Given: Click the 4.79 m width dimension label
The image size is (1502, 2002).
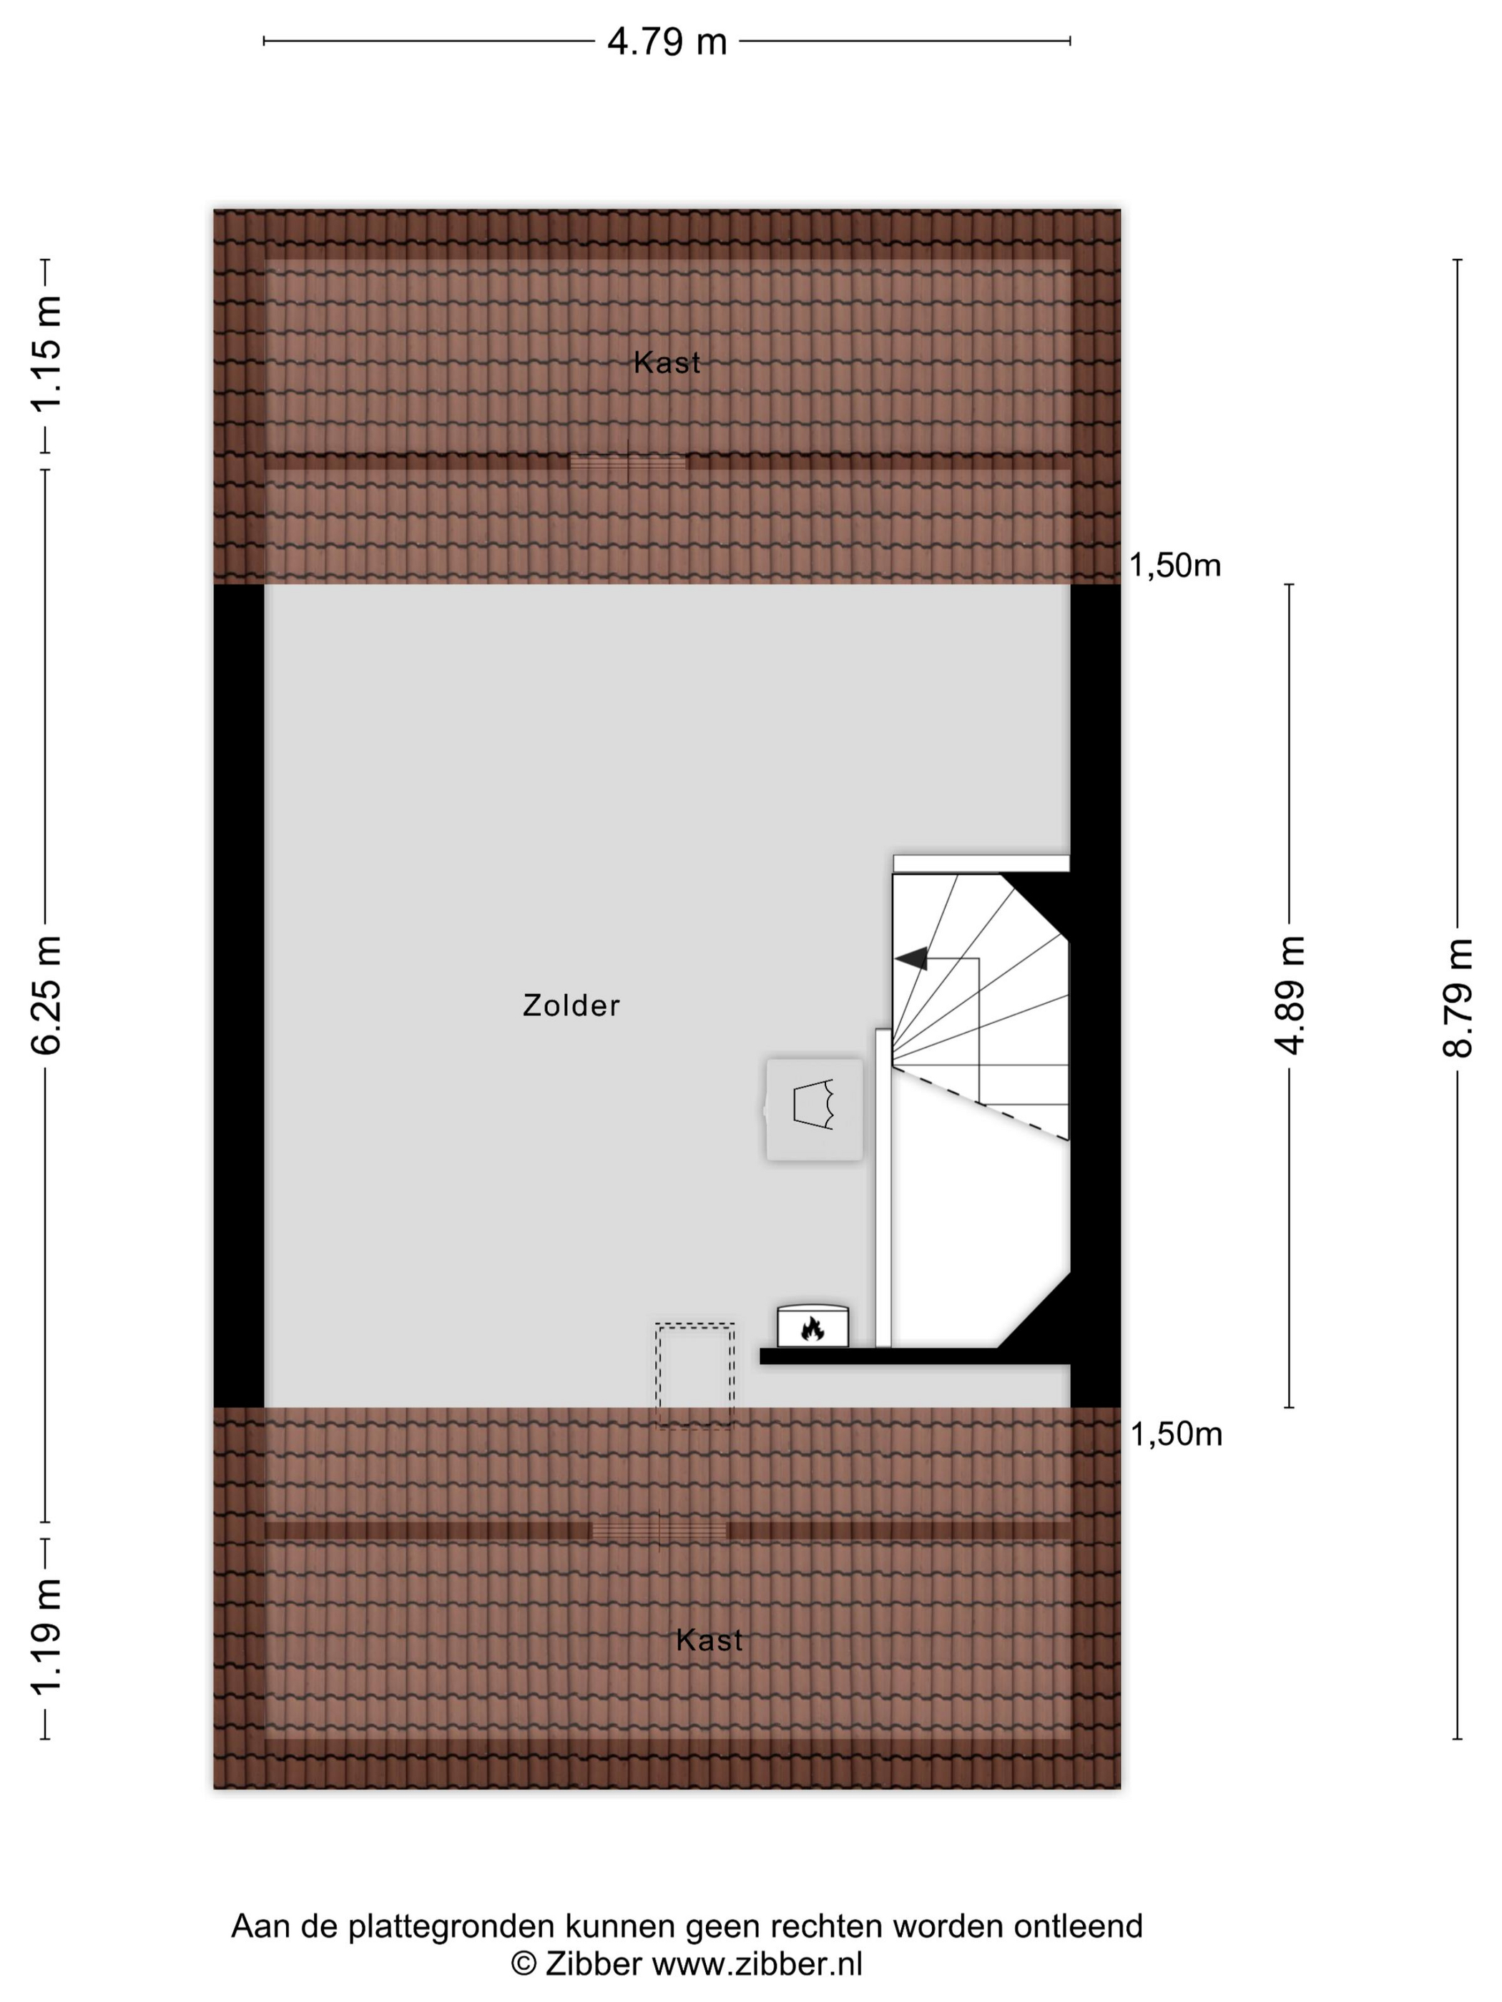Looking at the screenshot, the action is point(667,41).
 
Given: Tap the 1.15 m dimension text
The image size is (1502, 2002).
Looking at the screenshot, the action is point(46,354).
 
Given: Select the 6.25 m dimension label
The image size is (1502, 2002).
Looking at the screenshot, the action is point(46,995).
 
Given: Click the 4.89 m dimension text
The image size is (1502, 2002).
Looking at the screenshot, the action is point(1290,995).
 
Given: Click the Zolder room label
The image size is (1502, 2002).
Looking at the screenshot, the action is point(571,1005).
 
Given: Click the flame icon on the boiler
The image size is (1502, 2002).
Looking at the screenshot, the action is point(812,1328).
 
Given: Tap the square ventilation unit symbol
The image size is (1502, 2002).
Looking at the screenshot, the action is point(814,1109).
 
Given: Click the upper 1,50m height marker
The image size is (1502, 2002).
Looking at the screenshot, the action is point(1174,566).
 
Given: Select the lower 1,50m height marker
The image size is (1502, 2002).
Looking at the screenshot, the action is point(1176,1434).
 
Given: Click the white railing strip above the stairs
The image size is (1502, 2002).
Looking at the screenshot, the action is point(981,864).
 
